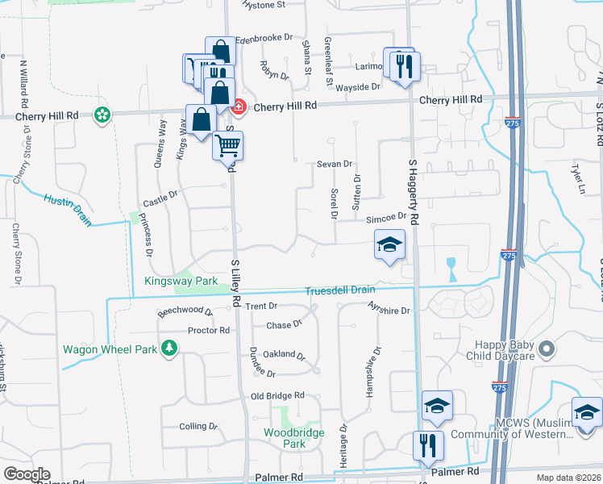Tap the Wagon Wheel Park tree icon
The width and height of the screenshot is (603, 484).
[169, 348]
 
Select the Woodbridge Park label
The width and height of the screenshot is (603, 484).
[295, 438]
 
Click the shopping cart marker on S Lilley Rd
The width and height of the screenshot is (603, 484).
[228, 146]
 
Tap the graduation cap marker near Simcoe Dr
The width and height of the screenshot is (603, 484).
[389, 245]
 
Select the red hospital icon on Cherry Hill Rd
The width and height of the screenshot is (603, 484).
[239, 106]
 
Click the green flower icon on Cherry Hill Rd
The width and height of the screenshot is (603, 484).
[102, 115]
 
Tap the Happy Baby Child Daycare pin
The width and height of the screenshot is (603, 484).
[547, 349]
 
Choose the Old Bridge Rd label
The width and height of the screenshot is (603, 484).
[277, 396]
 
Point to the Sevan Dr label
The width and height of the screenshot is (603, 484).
[335, 164]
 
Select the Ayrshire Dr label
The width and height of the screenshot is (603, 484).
[389, 309]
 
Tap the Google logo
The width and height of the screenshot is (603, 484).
[27, 474]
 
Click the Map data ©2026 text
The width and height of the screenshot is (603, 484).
[569, 478]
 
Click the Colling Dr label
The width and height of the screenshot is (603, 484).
[193, 426]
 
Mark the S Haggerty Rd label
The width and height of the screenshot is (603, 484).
[414, 192]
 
